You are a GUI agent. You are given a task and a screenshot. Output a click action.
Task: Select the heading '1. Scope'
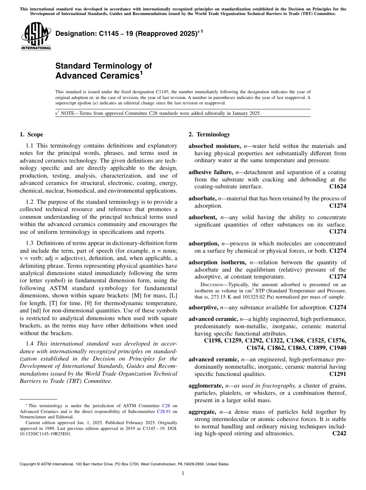click(x=32, y=134)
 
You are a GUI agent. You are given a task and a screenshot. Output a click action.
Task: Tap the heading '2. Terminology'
click(x=209, y=134)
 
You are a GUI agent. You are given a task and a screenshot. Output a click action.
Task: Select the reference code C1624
click(x=337, y=186)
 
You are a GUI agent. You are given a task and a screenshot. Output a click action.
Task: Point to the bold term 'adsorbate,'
click(x=202, y=198)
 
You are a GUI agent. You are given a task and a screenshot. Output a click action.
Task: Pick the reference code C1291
click(x=337, y=374)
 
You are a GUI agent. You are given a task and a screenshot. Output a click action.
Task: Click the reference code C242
click(x=339, y=433)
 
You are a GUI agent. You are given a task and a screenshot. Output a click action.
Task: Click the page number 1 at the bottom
click(x=183, y=473)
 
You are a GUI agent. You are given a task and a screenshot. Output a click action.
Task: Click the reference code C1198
click(x=215, y=340)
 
